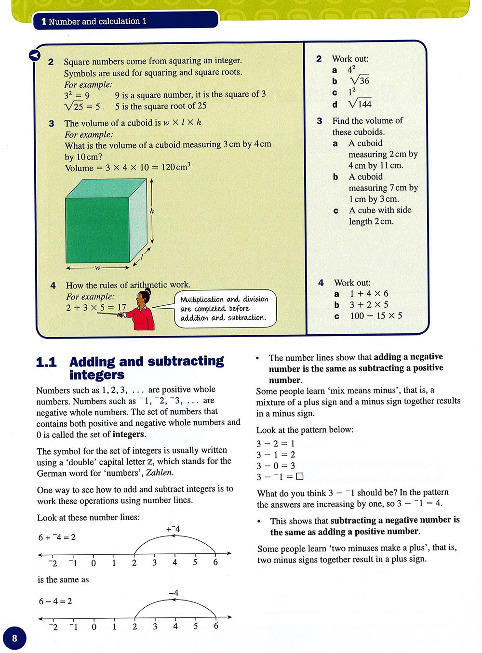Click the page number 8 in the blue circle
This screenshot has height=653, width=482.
pyautogui.click(x=14, y=638)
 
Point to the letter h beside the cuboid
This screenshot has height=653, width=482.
pyautogui.click(x=152, y=211)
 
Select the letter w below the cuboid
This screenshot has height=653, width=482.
pyautogui.click(x=97, y=268)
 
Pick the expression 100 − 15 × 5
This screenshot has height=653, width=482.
pyautogui.click(x=376, y=316)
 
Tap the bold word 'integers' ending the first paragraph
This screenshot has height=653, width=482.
pyautogui.click(x=128, y=434)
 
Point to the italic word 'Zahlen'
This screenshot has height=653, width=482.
pyautogui.click(x=159, y=473)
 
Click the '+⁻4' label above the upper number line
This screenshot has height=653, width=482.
pyautogui.click(x=173, y=529)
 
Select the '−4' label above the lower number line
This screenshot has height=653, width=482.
pyautogui.click(x=174, y=593)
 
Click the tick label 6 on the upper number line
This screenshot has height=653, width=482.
pyautogui.click(x=215, y=562)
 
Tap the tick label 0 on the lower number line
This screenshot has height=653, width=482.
pyautogui.click(x=94, y=627)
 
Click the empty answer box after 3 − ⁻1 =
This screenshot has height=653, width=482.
pyautogui.click(x=300, y=477)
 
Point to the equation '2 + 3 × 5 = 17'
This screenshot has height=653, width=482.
pyautogui.click(x=96, y=308)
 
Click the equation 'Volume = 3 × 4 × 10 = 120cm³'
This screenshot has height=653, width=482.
pyautogui.click(x=127, y=168)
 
